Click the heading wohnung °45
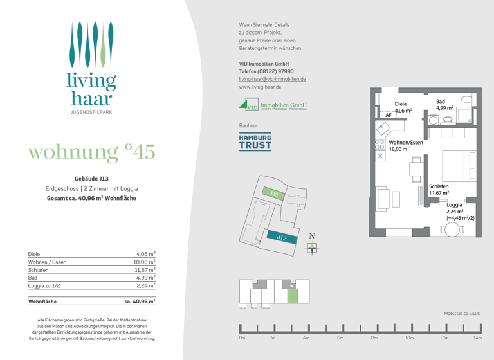click(x=91, y=152)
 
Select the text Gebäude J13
click(x=91, y=178)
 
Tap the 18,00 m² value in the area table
click(x=143, y=262)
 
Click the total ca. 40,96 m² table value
click(x=140, y=301)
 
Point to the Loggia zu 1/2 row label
click(x=45, y=285)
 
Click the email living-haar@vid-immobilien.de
click(x=272, y=79)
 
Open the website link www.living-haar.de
click(x=260, y=87)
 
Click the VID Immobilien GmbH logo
click(x=273, y=105)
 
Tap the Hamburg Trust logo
click(x=255, y=142)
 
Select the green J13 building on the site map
click(x=273, y=193)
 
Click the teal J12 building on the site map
click(x=281, y=237)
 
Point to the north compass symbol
click(x=312, y=247)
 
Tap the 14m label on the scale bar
click(x=477, y=337)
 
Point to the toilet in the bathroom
click(x=467, y=100)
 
